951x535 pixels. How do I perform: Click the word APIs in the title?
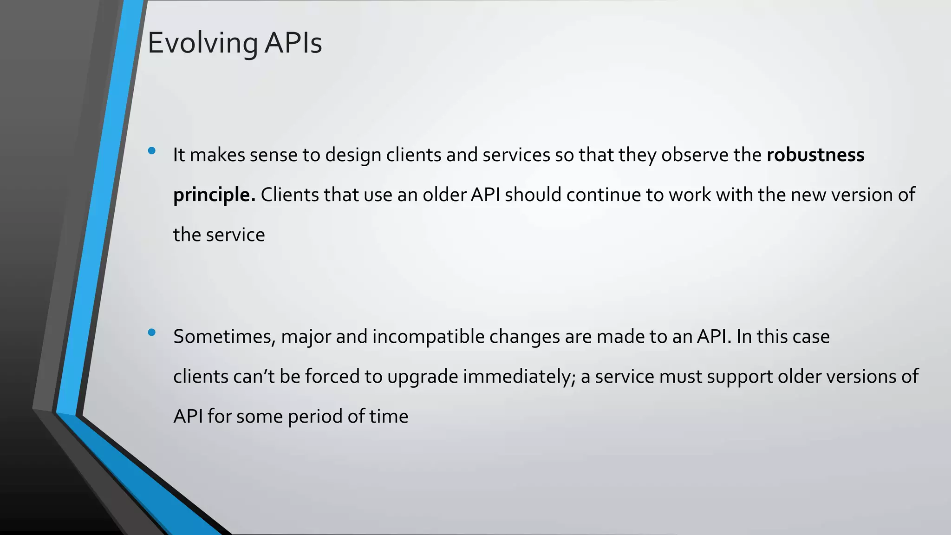click(293, 43)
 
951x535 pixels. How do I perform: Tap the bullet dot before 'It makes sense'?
click(151, 150)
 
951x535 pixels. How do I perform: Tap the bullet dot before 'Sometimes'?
click(151, 332)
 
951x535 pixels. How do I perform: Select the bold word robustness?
click(815, 155)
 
